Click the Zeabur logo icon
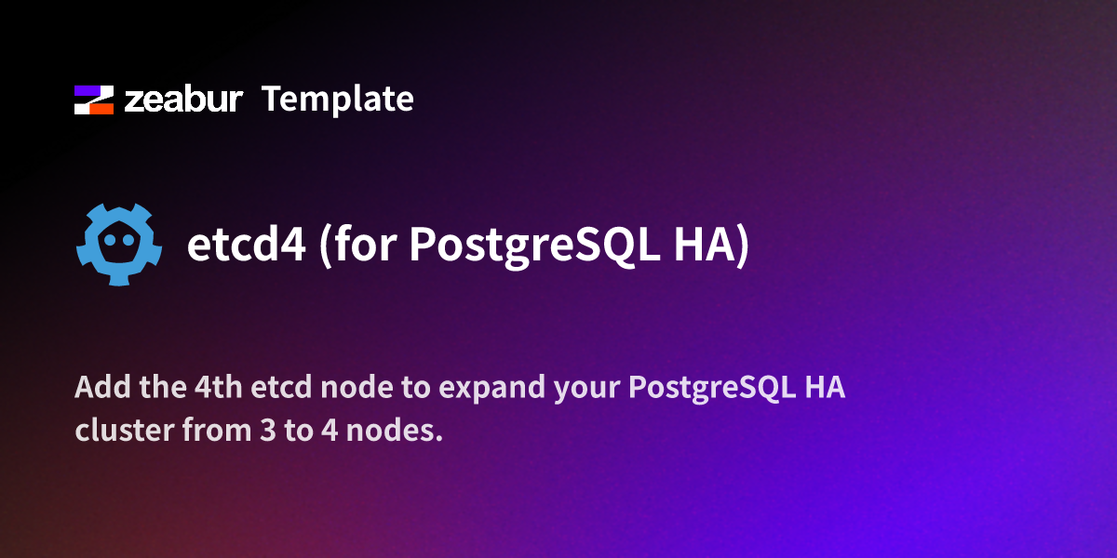click(93, 100)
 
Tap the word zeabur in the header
click(184, 100)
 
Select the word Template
click(337, 99)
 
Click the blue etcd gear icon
click(118, 244)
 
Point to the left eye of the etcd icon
click(109, 240)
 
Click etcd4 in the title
click(246, 246)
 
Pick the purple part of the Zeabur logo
click(89, 91)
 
